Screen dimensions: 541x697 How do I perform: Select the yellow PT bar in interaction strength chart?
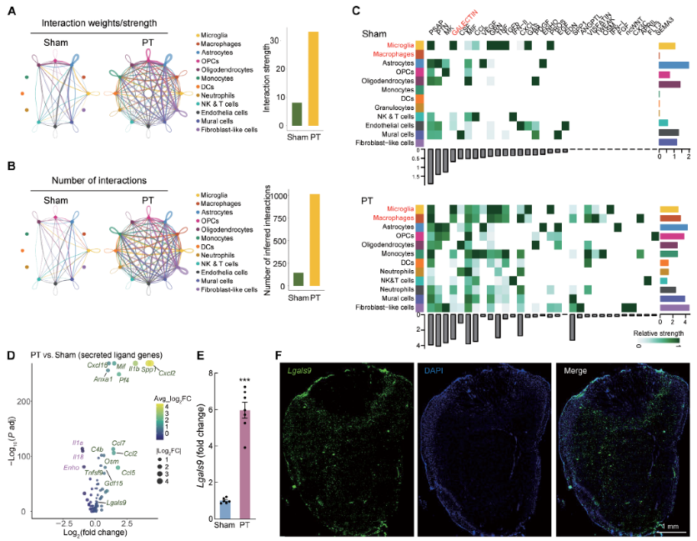click(x=314, y=79)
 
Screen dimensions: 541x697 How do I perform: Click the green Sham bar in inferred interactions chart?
click(x=298, y=279)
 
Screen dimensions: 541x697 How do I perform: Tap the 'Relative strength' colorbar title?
click(x=656, y=332)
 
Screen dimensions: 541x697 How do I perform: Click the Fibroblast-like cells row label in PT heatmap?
click(x=381, y=308)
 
